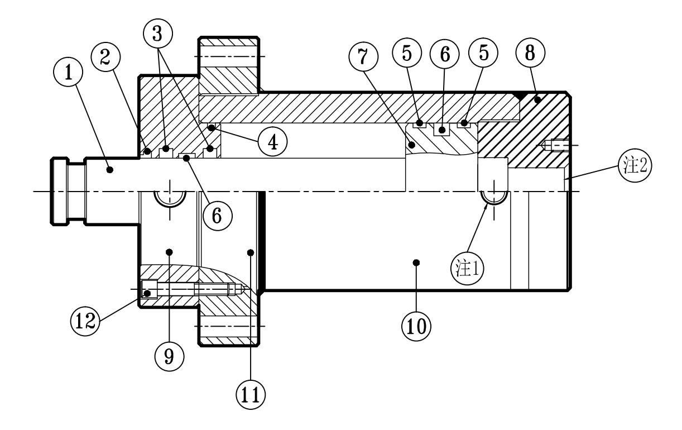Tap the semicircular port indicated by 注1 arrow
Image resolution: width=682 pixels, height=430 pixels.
pos(494,197)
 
